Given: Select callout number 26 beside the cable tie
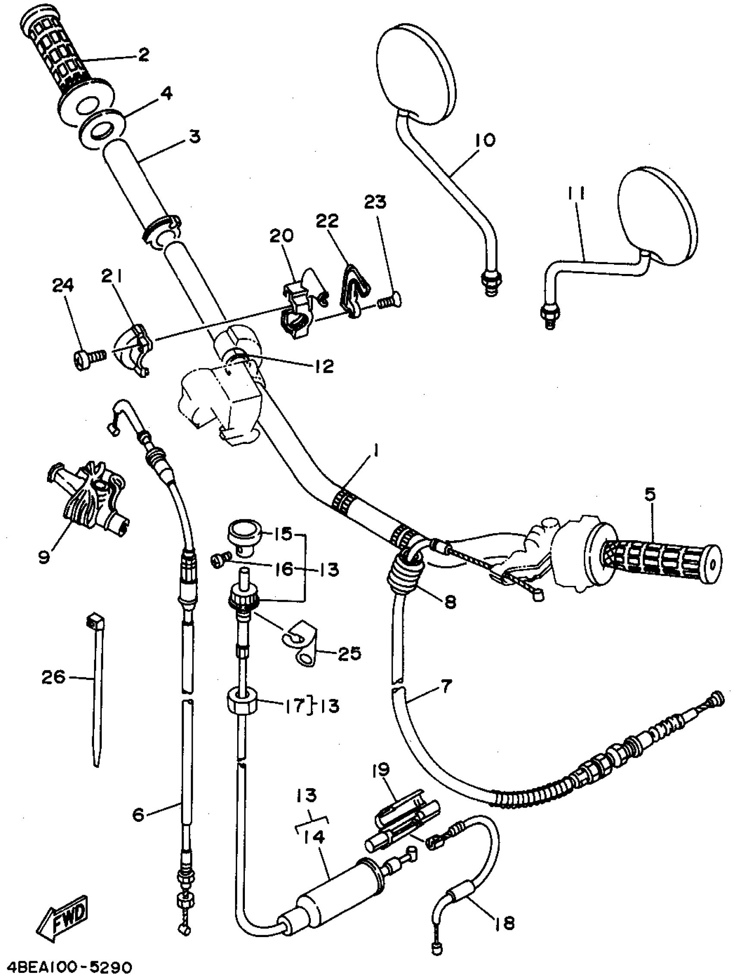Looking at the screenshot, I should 54,676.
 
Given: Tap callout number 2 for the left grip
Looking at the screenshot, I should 143,55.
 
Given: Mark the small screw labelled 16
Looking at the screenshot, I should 220,561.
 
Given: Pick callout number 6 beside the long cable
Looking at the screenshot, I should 139,815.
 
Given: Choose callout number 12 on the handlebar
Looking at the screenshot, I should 324,366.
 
